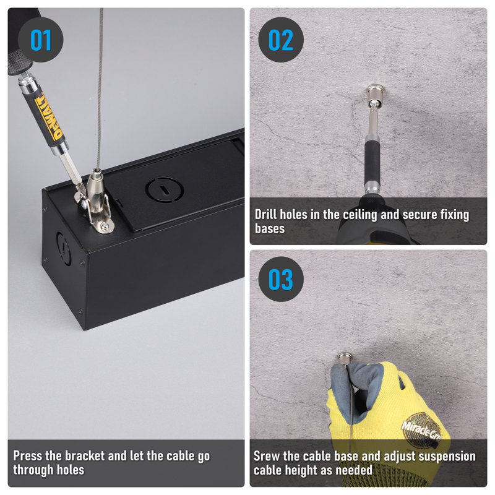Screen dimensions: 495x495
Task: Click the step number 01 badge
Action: [x=40, y=40]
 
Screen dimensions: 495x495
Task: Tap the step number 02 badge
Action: [x=281, y=40]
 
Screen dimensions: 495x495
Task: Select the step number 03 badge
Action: [x=281, y=279]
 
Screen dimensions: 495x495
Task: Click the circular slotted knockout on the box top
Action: [x=165, y=189]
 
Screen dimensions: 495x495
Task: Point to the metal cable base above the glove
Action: [x=345, y=358]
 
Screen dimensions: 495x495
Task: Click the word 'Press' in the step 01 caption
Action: [x=28, y=455]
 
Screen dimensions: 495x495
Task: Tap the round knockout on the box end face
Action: [x=64, y=249]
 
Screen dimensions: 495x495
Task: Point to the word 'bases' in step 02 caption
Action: [x=270, y=228]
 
